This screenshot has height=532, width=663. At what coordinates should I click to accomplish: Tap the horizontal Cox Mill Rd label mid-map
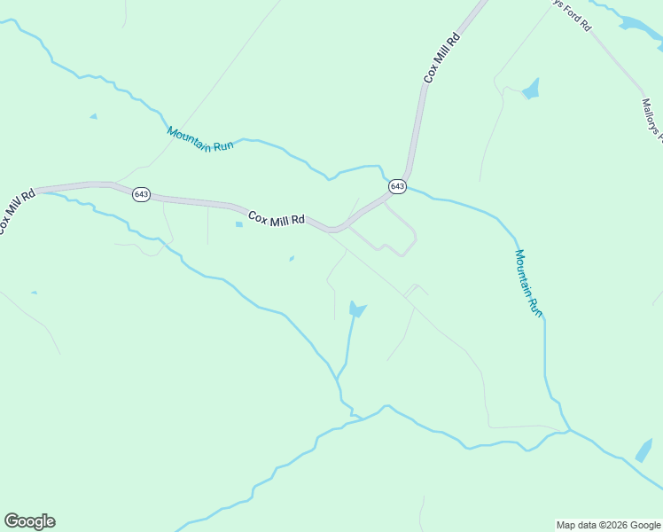[x=277, y=218]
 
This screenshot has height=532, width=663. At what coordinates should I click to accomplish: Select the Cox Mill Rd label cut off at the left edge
[x=16, y=209]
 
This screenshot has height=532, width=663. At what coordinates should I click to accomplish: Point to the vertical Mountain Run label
[x=528, y=282]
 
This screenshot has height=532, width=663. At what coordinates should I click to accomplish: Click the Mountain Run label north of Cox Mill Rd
[x=199, y=139]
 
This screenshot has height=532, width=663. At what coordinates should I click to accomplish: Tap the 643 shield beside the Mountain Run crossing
[x=397, y=186]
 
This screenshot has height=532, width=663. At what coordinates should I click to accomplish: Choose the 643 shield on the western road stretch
[x=142, y=194]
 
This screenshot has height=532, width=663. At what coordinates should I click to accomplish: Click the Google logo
[x=29, y=521]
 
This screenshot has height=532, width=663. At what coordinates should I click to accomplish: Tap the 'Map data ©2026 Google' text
[x=608, y=525]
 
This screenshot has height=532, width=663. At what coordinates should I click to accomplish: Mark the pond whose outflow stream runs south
[x=356, y=309]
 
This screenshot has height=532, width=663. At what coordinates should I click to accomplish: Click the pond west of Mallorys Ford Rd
[x=531, y=90]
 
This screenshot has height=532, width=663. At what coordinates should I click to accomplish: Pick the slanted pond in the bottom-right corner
[x=643, y=450]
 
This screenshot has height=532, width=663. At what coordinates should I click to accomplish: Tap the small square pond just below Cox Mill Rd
[x=238, y=224]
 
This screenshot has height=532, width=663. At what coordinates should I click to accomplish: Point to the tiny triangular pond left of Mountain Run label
[x=93, y=116]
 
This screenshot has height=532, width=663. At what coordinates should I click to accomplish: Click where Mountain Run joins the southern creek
[x=568, y=431]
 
